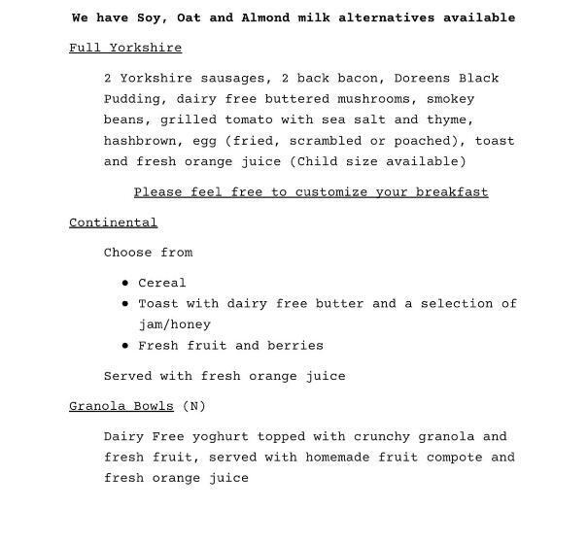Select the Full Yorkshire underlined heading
click(125, 48)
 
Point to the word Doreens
click(423, 79)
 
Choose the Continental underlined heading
click(113, 222)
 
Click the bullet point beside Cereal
click(126, 284)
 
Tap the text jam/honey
click(174, 324)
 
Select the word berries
click(297, 346)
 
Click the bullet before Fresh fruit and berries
click(126, 346)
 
